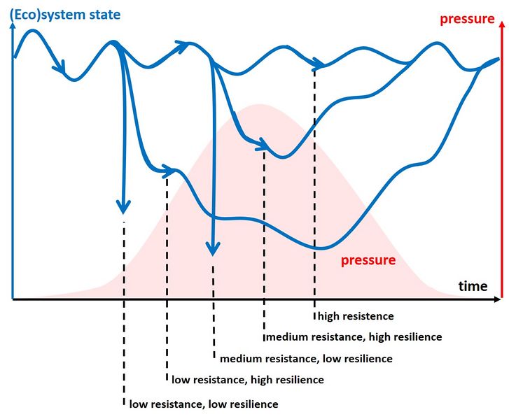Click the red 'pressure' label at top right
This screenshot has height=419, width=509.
(x=466, y=18)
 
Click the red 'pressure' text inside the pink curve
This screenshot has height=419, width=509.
(x=368, y=260)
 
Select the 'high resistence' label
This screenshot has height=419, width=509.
(x=356, y=316)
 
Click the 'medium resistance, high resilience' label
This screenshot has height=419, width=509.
(x=354, y=336)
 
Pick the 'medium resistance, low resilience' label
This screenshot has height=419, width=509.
(x=306, y=359)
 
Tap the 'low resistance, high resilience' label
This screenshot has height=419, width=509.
(x=248, y=380)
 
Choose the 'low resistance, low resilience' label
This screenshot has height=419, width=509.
(x=203, y=404)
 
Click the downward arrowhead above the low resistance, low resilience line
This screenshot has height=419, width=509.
(x=123, y=207)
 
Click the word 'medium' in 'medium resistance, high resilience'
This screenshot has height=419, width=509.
(x=285, y=336)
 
